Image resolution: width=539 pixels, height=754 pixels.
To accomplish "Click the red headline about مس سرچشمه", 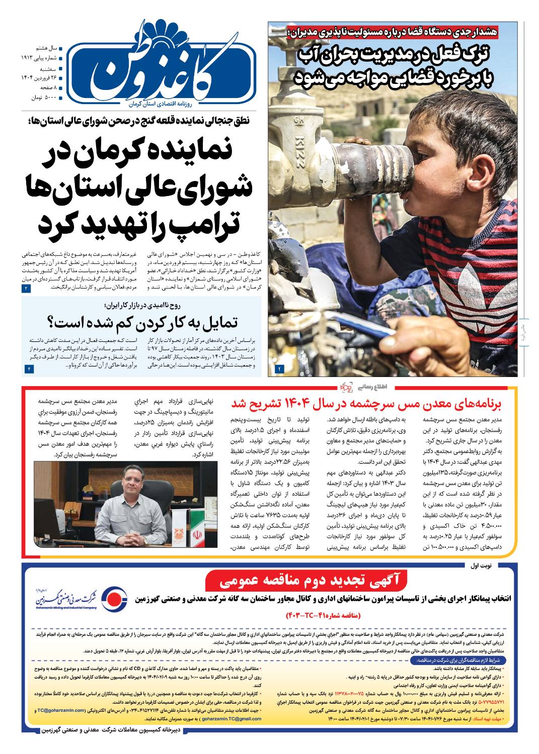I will pos(374,404).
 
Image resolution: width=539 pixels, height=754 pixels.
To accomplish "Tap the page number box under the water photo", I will pos(279,369).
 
